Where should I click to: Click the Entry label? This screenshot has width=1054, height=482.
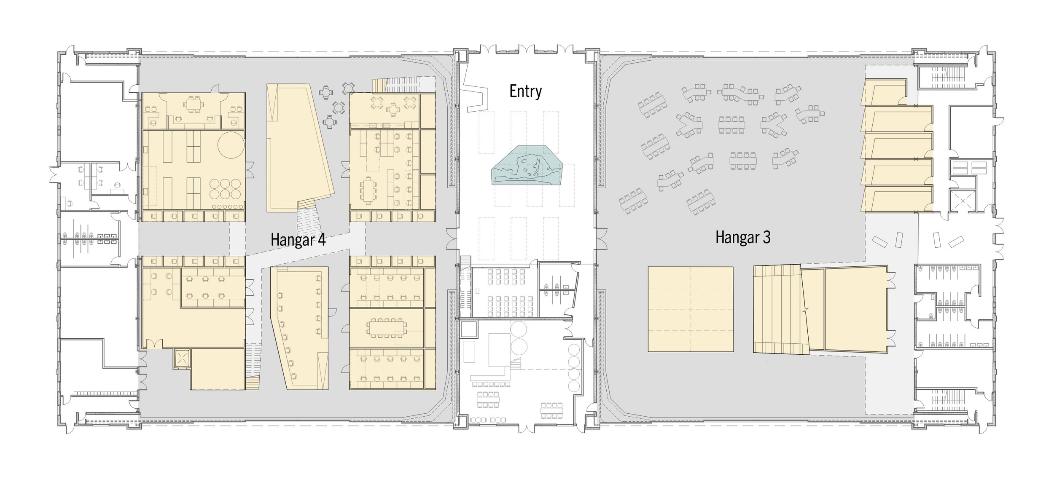(525, 91)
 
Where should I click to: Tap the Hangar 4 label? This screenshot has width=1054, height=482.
(298, 240)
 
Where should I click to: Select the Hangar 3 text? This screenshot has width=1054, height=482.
(743, 237)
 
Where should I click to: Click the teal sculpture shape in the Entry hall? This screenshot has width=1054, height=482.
(527, 165)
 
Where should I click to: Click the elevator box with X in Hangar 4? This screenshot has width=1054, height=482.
(182, 359)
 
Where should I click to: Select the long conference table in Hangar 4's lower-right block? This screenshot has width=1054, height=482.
(386, 328)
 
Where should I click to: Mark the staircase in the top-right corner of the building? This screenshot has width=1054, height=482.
(940, 78)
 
